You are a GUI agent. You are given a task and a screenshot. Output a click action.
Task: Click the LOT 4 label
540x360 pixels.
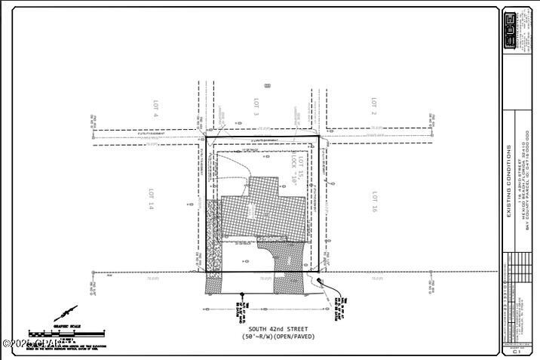coord(155,110)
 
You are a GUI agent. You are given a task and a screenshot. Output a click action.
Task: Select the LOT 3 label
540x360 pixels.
coord(256,108)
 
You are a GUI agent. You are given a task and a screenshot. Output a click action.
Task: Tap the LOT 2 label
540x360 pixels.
coord(373,105)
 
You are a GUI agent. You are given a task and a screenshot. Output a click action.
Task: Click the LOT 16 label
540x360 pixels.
coord(374,200)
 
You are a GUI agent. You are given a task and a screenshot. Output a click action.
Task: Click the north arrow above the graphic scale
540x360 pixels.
coord(66,312)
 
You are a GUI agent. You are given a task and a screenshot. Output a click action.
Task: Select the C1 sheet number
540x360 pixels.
coord(517,350)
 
